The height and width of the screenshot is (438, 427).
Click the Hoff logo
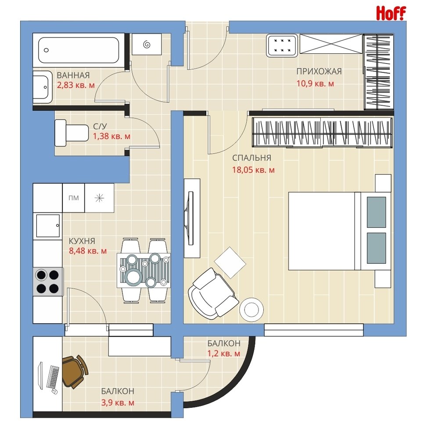[391, 13]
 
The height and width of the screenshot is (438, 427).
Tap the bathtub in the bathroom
[79, 50]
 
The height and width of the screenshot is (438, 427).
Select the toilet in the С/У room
[72, 133]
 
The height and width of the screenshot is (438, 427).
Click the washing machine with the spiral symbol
[147, 44]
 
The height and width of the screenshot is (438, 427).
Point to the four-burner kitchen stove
[48, 282]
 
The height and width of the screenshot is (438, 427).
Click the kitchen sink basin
[48, 226]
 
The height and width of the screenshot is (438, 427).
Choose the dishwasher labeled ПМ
[74, 198]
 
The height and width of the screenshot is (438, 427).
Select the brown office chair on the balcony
[75, 371]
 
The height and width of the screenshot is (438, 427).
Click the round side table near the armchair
[251, 310]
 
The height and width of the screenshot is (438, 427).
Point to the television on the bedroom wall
[191, 218]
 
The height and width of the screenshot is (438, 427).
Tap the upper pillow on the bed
[376, 212]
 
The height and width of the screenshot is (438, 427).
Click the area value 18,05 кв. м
[253, 170]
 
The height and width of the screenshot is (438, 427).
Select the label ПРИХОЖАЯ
[319, 71]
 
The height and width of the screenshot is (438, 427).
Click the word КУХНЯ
[82, 241]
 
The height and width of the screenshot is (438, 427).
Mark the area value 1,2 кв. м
[223, 353]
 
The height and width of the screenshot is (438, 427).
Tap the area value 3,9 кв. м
[118, 403]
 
